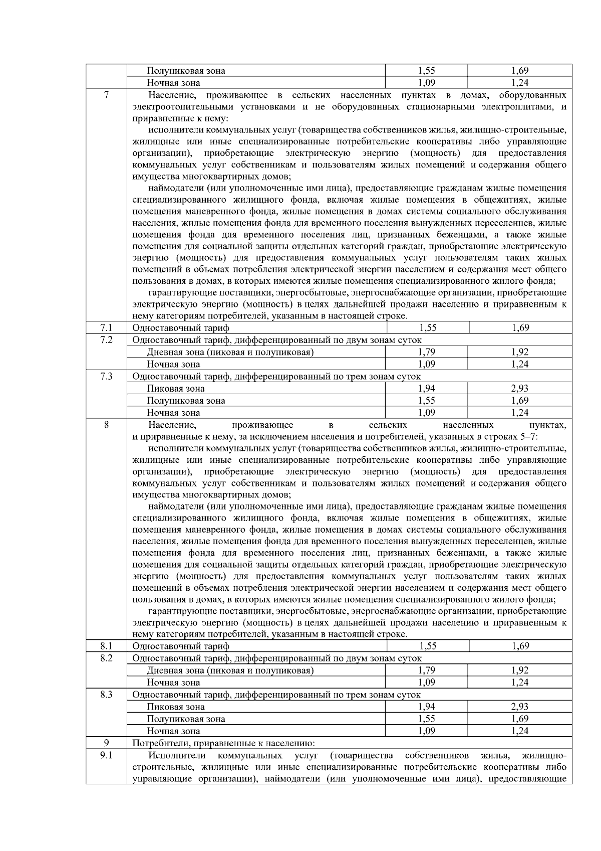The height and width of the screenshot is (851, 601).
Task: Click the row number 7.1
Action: [x=106, y=328]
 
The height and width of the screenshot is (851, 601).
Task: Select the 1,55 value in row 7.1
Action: [x=428, y=328]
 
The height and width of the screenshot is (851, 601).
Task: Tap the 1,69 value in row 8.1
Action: [x=520, y=646]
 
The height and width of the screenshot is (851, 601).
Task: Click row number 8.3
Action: [x=106, y=695]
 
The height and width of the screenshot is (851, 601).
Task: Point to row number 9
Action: [x=106, y=743]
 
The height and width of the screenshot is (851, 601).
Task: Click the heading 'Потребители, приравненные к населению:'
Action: [x=223, y=743]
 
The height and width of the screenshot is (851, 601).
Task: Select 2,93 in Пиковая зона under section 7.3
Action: [x=520, y=388]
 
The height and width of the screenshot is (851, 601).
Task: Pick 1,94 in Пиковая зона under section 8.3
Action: [x=426, y=707]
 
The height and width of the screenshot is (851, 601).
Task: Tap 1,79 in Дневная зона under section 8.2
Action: [x=426, y=670]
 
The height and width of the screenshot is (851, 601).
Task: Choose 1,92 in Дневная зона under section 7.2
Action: [x=520, y=352]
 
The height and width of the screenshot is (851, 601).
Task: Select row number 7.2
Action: [x=106, y=340]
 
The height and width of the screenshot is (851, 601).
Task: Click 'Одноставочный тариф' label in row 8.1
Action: [x=181, y=646]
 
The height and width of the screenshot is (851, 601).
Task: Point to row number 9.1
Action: [x=106, y=755]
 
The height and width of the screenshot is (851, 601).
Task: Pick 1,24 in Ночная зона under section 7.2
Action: [x=520, y=364]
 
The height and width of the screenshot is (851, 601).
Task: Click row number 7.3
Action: [x=106, y=376]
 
